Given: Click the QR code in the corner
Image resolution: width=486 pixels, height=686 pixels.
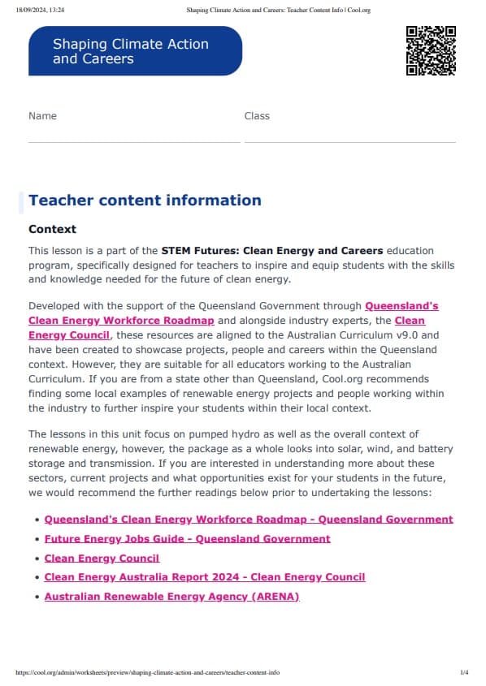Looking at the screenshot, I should (430, 50).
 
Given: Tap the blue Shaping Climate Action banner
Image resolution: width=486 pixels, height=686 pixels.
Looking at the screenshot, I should (135, 51).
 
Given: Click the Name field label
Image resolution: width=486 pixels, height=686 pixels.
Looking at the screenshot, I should (42, 116).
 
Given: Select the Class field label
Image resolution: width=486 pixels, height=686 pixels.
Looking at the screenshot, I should (257, 116).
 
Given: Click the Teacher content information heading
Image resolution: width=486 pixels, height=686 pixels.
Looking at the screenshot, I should (145, 201).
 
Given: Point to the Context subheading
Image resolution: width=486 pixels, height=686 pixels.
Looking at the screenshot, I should (52, 230).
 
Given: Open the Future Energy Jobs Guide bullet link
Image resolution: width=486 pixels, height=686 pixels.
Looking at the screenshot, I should (187, 539).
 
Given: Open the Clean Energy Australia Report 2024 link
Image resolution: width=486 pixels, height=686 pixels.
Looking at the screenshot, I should (205, 577).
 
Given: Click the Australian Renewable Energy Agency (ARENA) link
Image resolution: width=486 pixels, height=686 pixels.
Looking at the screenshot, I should (171, 597).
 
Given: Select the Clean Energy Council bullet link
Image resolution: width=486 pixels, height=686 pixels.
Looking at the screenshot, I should (102, 559).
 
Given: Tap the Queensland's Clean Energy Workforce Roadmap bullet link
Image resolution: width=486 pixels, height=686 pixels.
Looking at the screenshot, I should (249, 520).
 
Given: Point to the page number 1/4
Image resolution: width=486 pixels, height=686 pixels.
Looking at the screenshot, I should (464, 672).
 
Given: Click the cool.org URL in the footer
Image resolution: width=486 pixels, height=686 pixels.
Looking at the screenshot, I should (147, 672).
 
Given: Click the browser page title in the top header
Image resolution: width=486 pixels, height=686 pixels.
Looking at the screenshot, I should (279, 11).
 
